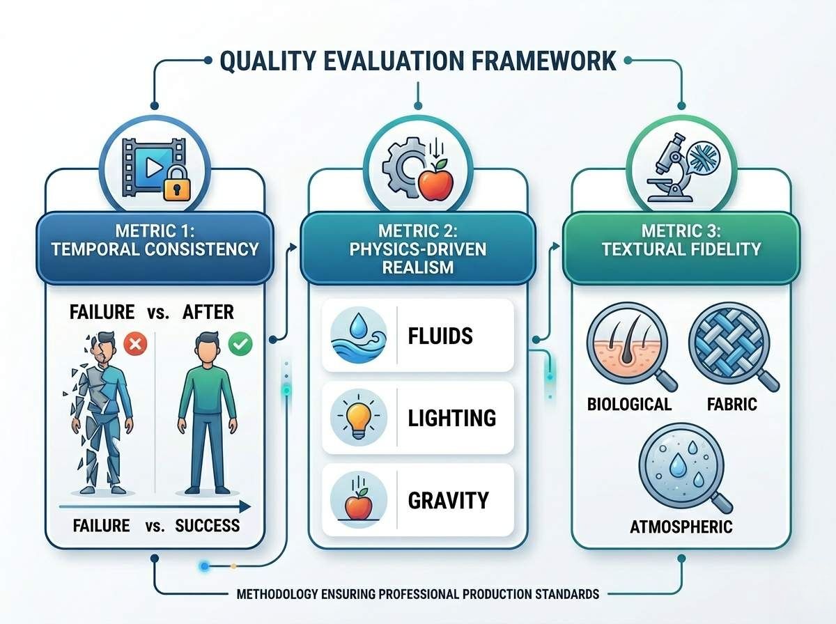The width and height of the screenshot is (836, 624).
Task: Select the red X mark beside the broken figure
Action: pyautogui.click(x=135, y=344)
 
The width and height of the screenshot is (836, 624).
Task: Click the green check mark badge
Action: pyautogui.click(x=240, y=344)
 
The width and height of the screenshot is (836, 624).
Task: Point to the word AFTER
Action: pyautogui.click(x=208, y=312)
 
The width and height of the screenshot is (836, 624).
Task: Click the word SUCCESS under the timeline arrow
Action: pyautogui.click(x=208, y=526)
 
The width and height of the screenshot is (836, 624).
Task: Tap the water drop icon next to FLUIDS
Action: pyautogui.click(x=358, y=335)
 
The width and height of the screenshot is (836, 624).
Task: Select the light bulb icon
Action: pyautogui.click(x=358, y=417)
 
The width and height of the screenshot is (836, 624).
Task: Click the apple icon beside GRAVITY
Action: pyautogui.click(x=358, y=499)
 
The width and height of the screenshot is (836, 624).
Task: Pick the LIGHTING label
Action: pyautogui.click(x=452, y=418)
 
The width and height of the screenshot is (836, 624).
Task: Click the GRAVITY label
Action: pyautogui.click(x=448, y=500)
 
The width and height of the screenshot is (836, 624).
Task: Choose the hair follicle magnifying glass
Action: pyautogui.click(x=632, y=347)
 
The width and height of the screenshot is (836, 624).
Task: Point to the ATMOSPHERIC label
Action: pyautogui.click(x=681, y=527)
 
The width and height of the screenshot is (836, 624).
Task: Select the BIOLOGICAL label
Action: pyautogui.click(x=629, y=405)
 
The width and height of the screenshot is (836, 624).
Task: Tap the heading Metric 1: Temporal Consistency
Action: pyautogui.click(x=155, y=240)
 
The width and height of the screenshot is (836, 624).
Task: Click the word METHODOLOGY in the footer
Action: pyautogui.click(x=277, y=594)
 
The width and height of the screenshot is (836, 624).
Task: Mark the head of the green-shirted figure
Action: pyautogui.click(x=208, y=348)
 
